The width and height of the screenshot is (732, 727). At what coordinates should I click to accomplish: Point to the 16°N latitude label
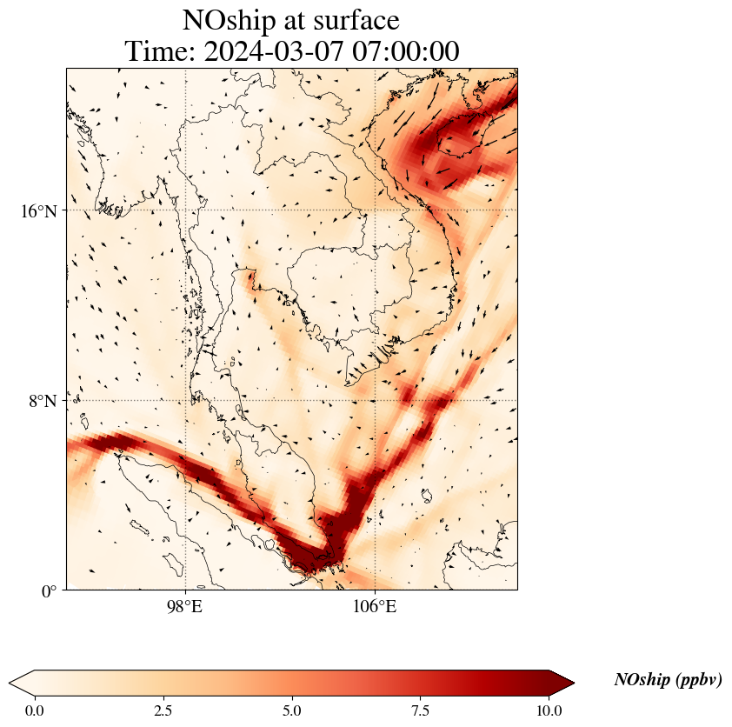click(x=38, y=210)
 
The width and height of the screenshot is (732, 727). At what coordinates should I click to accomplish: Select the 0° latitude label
click(x=49, y=591)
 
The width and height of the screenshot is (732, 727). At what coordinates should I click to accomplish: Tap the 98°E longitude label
click(x=185, y=606)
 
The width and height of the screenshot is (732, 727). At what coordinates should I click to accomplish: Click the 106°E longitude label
click(x=375, y=606)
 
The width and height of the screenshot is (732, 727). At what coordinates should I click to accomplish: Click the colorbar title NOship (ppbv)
click(x=668, y=680)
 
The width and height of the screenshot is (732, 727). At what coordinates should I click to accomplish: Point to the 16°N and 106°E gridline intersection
click(x=375, y=210)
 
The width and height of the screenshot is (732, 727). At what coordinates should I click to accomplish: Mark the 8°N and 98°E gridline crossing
click(x=185, y=401)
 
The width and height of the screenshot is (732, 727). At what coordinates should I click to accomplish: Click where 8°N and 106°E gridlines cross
click(x=375, y=401)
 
